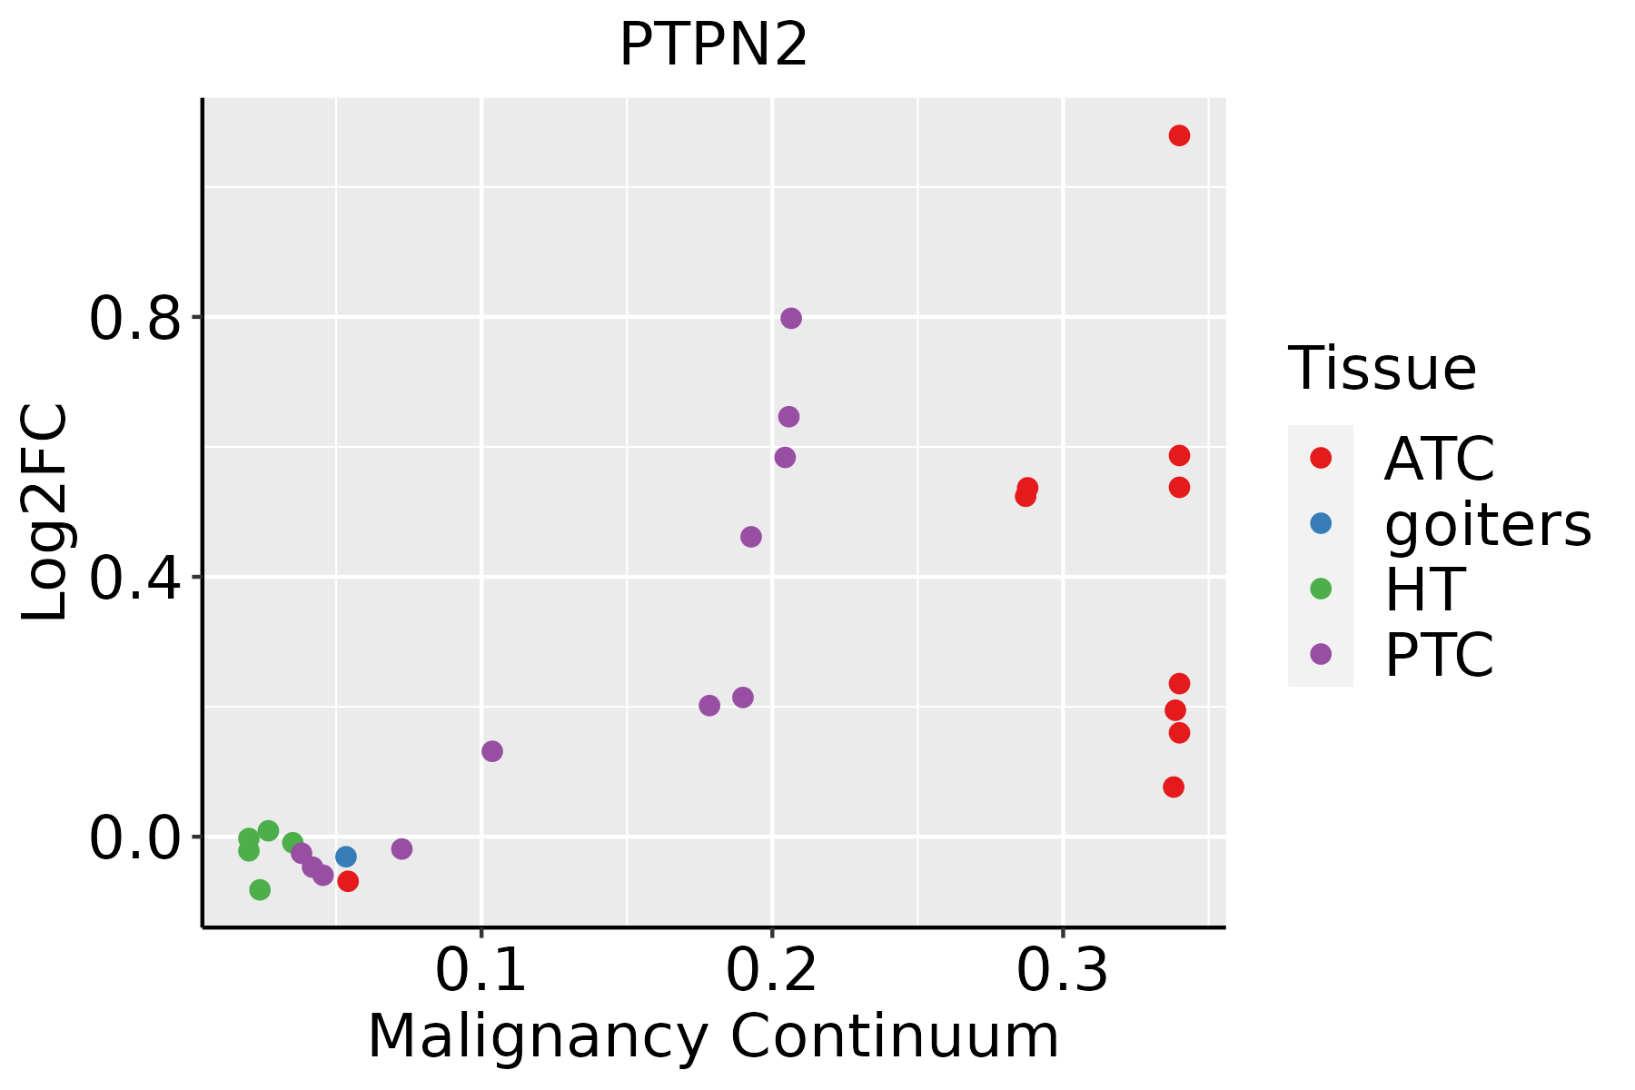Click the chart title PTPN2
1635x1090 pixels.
(x=713, y=45)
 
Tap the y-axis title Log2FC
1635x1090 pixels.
(x=45, y=512)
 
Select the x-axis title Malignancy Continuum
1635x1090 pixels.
(x=713, y=1036)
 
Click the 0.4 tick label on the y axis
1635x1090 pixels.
(x=136, y=578)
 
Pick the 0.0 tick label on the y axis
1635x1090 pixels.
(x=136, y=837)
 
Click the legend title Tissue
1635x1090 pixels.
(x=1382, y=369)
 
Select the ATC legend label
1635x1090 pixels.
(x=1439, y=459)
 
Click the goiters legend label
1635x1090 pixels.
(x=1488, y=524)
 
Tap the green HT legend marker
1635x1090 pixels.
(x=1321, y=589)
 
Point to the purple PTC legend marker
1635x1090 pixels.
(x=1321, y=654)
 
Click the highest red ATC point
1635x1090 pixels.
(x=1179, y=135)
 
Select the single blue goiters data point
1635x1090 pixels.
(x=346, y=857)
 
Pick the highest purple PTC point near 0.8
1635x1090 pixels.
(x=791, y=318)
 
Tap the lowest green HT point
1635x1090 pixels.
(x=260, y=889)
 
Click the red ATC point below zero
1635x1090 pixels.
(x=348, y=881)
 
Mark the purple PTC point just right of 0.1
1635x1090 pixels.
(x=492, y=751)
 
